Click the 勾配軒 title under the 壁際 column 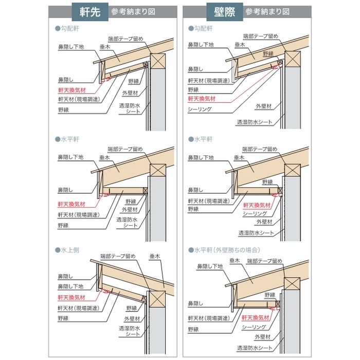click(x=201, y=29)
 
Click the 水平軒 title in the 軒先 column click(x=69, y=139)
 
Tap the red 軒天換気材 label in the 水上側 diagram click(x=71, y=297)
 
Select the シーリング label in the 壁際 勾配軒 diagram click(x=200, y=110)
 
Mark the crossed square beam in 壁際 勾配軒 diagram click(x=292, y=60)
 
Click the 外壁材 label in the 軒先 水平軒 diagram click(x=130, y=209)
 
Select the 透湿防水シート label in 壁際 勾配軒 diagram click(x=255, y=122)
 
